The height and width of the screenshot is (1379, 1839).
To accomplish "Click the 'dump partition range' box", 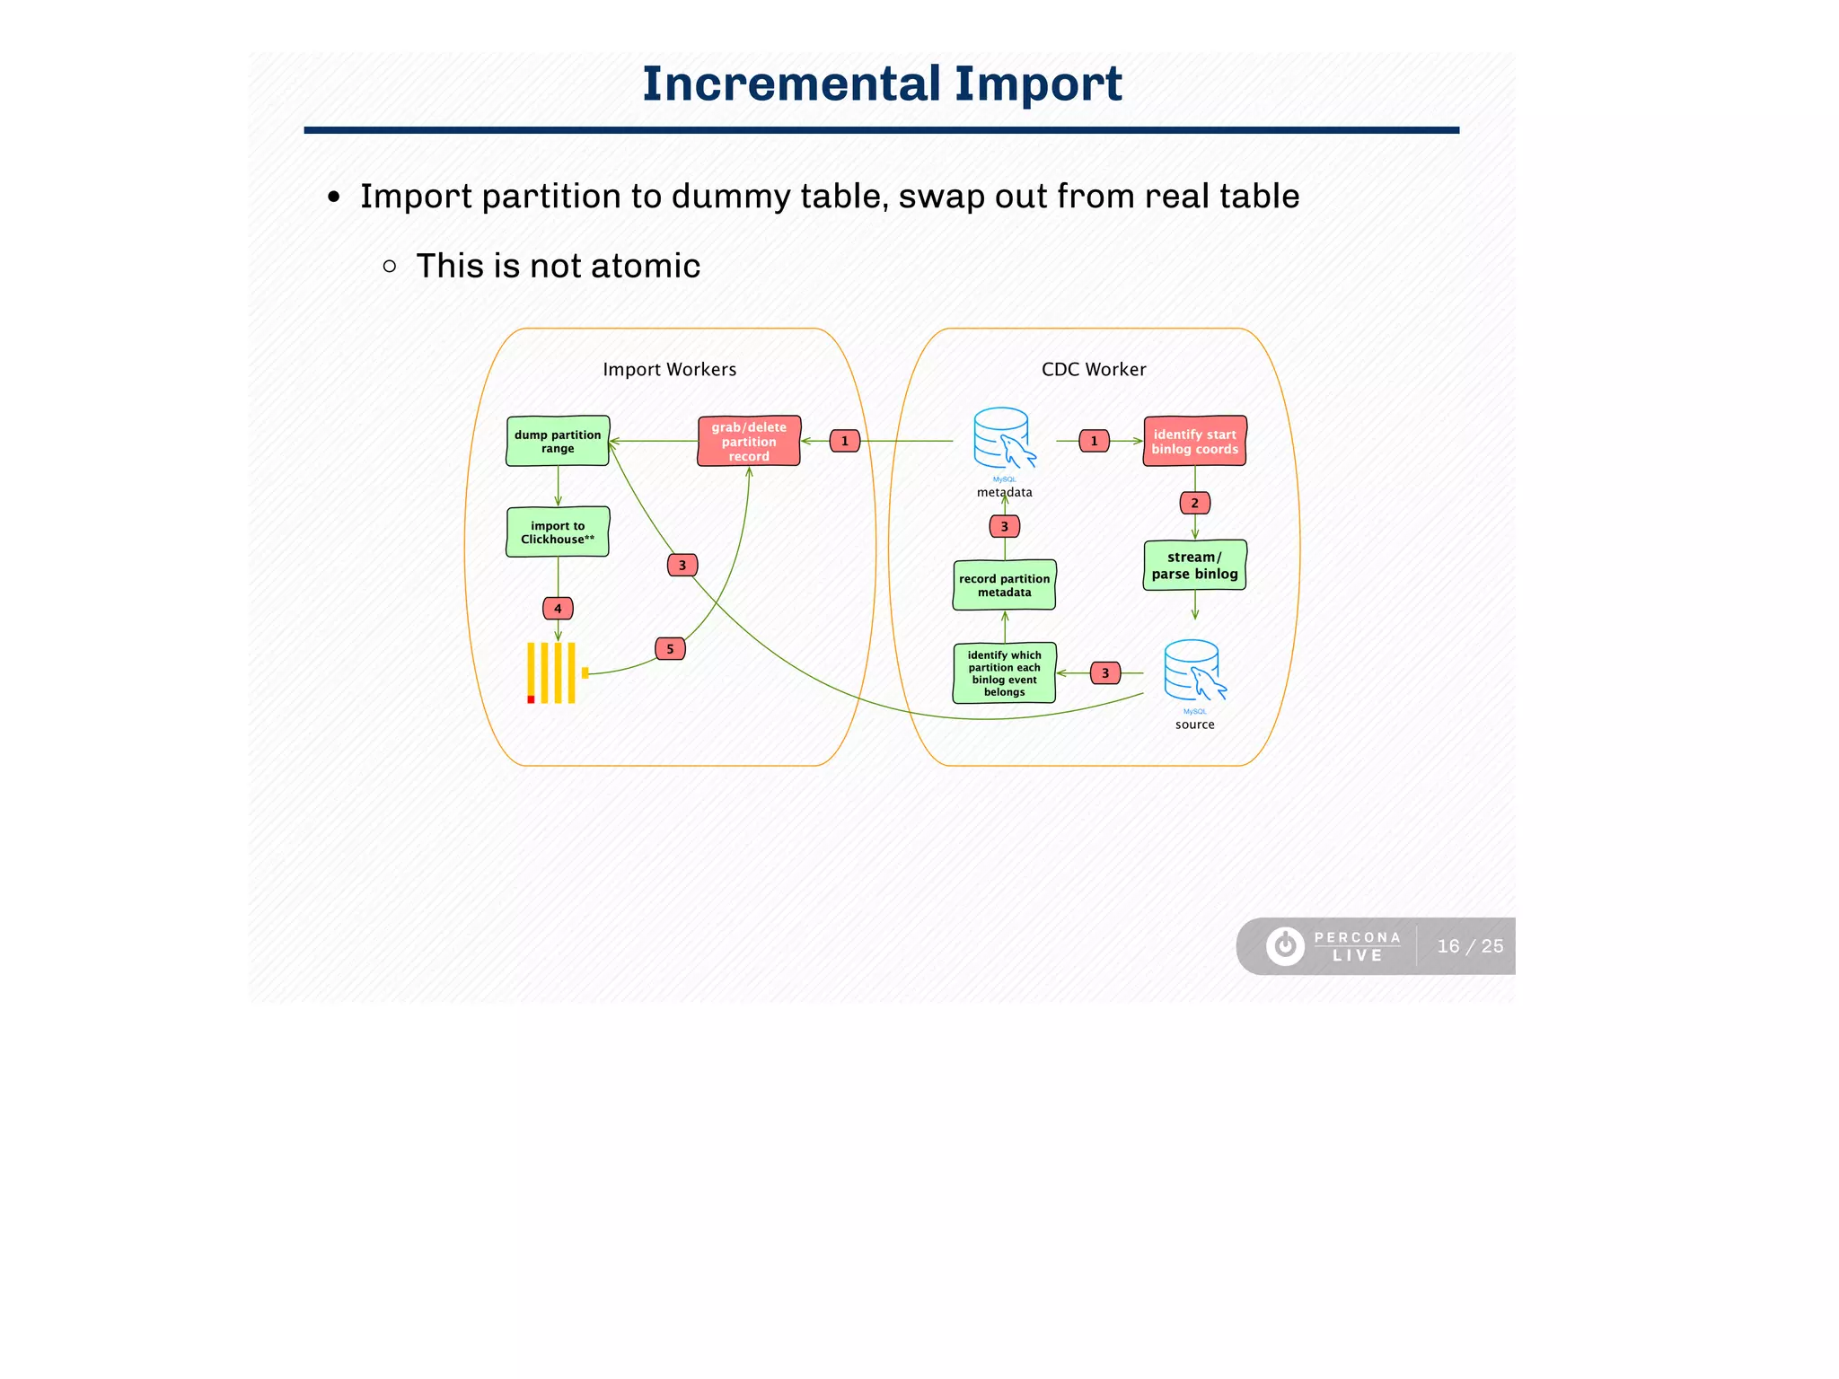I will (558, 441).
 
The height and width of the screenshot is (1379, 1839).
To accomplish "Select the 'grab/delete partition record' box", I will (749, 441).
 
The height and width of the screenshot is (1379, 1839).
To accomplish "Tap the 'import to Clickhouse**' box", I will (558, 532).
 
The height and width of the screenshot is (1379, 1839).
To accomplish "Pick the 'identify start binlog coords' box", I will (1194, 441).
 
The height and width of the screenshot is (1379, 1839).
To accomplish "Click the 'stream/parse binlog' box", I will (1194, 566).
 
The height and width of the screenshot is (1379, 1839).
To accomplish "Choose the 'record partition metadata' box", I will (1004, 585).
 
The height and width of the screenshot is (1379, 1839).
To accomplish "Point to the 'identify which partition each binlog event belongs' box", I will (1004, 673).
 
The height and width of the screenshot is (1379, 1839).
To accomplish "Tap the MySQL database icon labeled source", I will (1193, 671).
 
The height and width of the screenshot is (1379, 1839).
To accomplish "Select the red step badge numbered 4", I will (558, 609).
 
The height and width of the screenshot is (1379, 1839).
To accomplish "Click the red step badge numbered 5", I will (670, 649).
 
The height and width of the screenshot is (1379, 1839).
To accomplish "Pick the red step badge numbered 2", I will (1194, 504).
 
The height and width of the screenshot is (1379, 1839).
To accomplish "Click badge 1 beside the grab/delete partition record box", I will (844, 441).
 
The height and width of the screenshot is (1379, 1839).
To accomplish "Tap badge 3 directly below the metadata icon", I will (1004, 527).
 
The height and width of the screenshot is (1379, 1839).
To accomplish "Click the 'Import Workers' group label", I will (669, 370).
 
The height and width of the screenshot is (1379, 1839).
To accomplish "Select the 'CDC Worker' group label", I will (1093, 370).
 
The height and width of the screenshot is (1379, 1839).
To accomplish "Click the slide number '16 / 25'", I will (1469, 946).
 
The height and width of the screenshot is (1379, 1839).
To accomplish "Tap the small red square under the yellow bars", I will (531, 699).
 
